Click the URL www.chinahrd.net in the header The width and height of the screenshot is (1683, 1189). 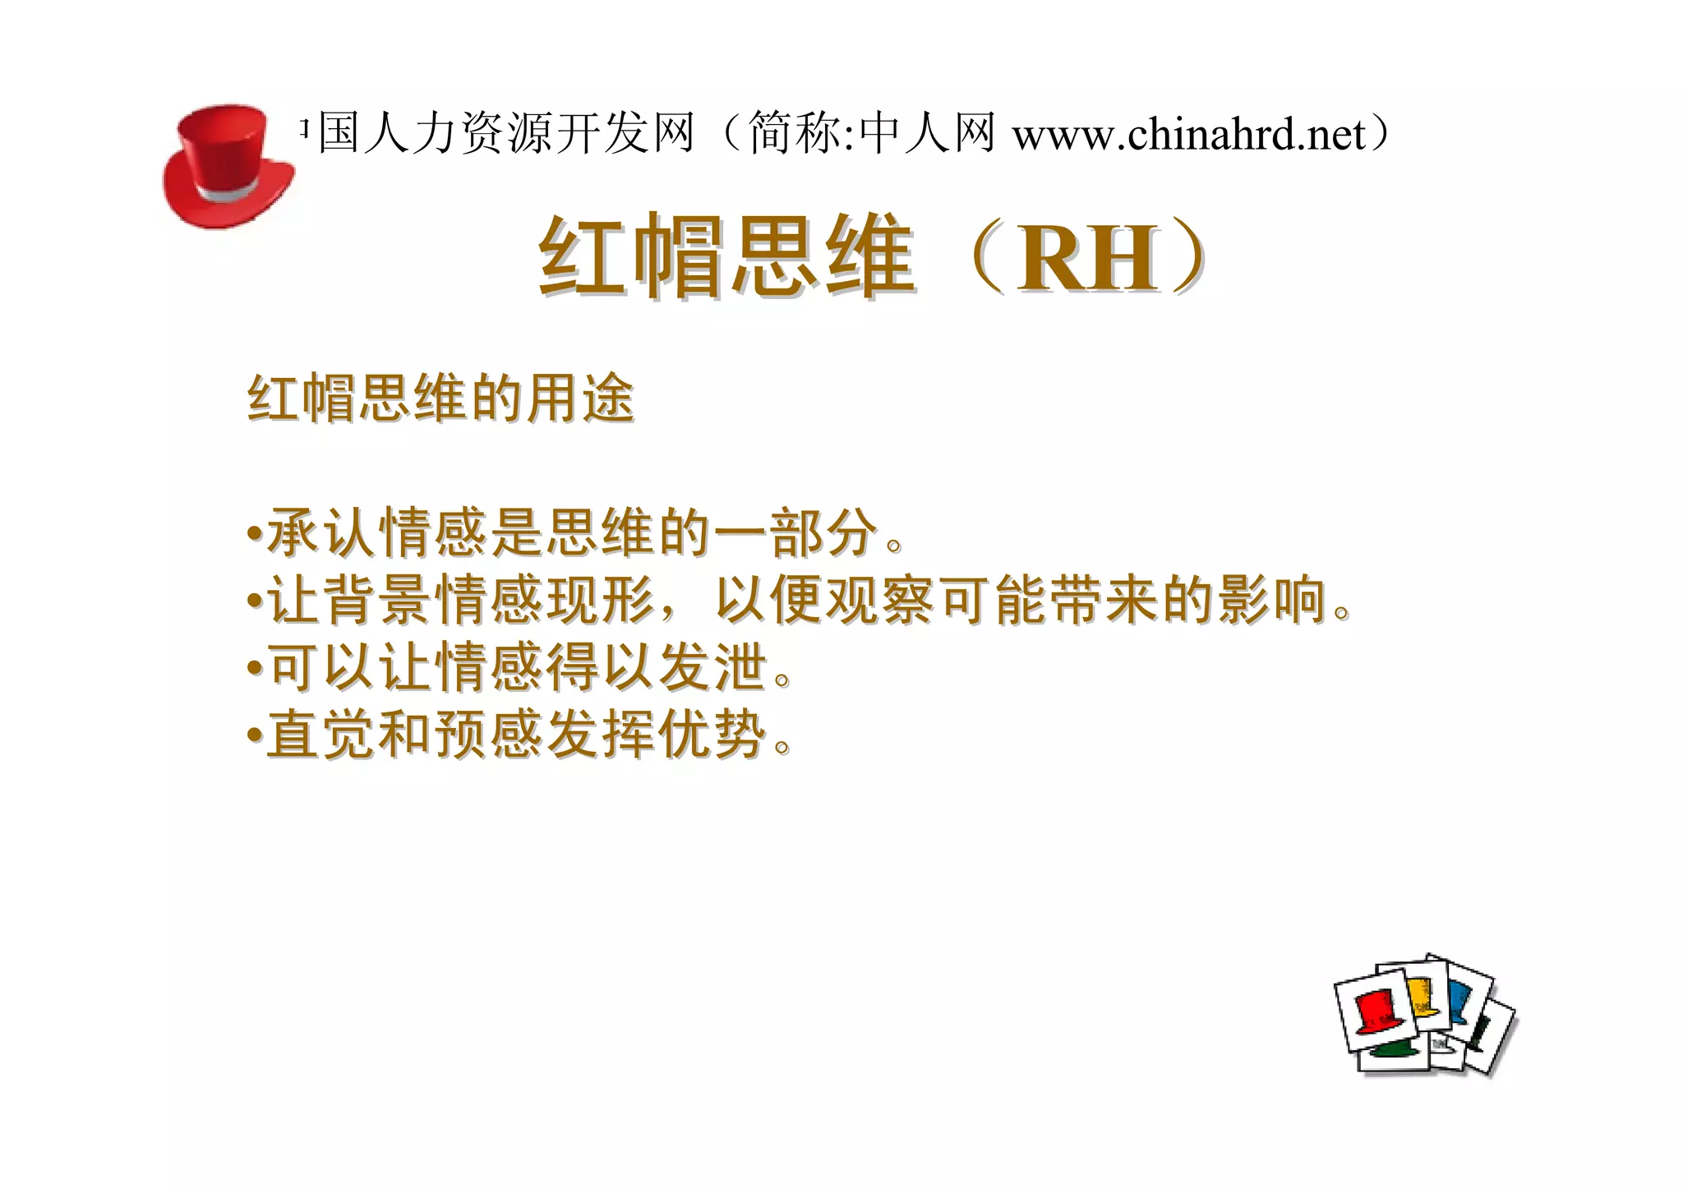1188,134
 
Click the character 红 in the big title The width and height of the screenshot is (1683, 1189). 583,256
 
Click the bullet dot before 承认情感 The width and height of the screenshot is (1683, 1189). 255,534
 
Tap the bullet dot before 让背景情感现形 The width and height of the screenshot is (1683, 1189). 255,601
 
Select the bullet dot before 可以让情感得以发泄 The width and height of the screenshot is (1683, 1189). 255,667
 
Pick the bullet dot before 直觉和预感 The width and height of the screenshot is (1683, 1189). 255,734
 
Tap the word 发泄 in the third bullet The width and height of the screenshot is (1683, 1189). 712,666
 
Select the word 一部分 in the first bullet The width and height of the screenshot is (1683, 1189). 795,533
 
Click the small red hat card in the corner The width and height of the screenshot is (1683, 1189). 1375,1012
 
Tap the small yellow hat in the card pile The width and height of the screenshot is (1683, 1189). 1418,997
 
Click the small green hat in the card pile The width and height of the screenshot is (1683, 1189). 1395,1051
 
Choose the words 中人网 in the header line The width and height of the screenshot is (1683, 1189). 926,133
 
